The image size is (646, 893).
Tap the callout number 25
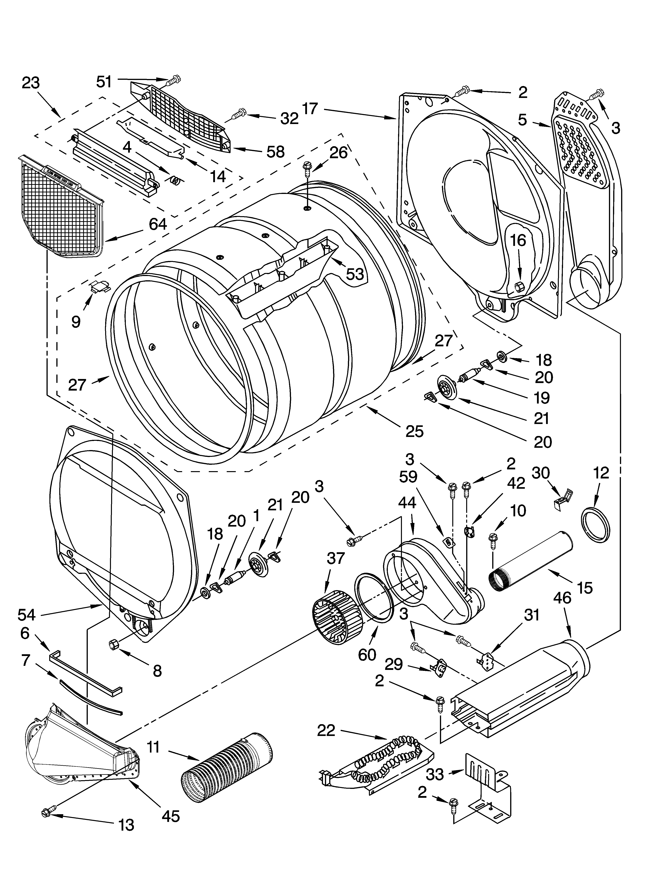414,431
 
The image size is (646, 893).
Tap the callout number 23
31,83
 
